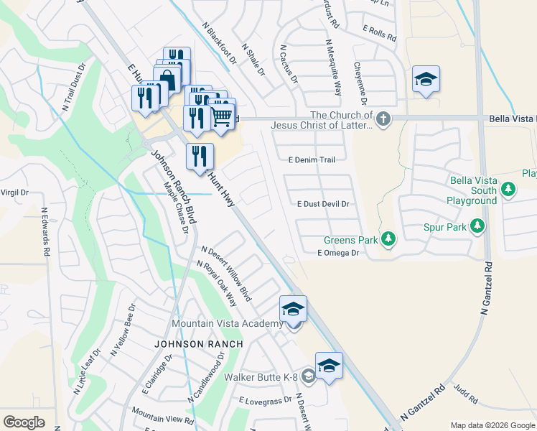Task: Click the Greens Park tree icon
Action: (388, 238)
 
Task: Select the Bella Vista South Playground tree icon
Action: (508, 190)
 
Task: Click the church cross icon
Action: (383, 118)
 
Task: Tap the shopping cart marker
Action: (222, 116)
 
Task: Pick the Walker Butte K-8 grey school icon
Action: (308, 376)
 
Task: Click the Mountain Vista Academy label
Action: (228, 324)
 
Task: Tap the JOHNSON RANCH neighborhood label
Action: (199, 345)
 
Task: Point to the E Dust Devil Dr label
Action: (323, 204)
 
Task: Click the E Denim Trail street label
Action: (311, 160)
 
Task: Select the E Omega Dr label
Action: (337, 253)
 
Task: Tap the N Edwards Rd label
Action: (45, 232)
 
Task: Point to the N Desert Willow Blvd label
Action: (227, 274)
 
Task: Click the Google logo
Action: (24, 422)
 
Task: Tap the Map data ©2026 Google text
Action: (492, 425)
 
